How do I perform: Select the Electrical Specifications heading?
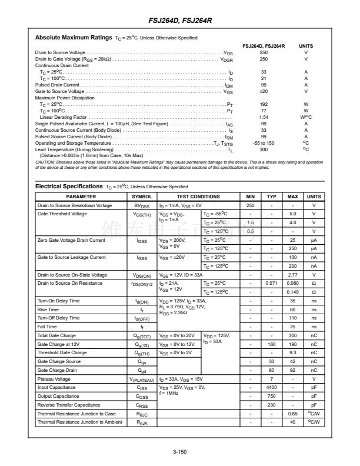pyautogui.click(x=69, y=186)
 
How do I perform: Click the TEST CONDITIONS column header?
pyautogui.click(x=198, y=197)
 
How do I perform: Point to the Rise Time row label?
pyautogui.click(x=48, y=309)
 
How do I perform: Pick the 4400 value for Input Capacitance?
pyautogui.click(x=271, y=387)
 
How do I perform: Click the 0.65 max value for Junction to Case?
pyautogui.click(x=292, y=414)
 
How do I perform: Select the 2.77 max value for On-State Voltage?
pyautogui.click(x=292, y=275)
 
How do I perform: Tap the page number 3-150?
pyautogui.click(x=180, y=452)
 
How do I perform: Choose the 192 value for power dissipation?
pyautogui.click(x=264, y=104)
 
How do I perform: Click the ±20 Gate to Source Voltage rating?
pyautogui.click(x=264, y=92)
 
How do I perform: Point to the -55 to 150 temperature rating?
pyautogui.click(x=264, y=143)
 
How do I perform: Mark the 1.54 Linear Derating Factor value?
pyautogui.click(x=264, y=117)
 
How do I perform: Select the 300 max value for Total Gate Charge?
pyautogui.click(x=292, y=335)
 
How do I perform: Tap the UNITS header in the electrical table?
pyautogui.click(x=314, y=197)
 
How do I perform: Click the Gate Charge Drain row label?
pyautogui.click(x=57, y=370)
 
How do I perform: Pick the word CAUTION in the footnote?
pyautogui.click(x=45, y=161)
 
